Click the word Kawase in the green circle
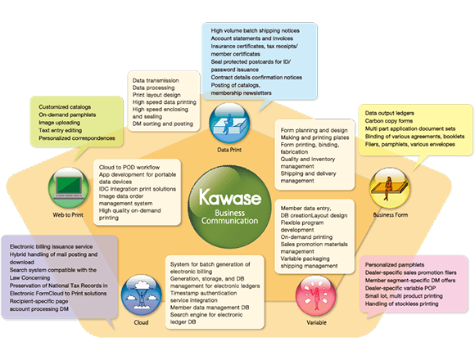230,197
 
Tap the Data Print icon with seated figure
229,123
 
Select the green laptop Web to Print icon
69,188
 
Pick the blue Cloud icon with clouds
141,295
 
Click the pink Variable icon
315,295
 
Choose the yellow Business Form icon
390,188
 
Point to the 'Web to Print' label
68,215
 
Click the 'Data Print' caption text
229,150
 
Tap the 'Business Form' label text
391,215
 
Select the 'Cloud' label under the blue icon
141,322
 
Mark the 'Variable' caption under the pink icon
316,322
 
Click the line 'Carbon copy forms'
389,121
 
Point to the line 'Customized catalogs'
65,107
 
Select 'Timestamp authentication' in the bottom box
203,293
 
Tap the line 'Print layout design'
156,95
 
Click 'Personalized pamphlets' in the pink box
395,265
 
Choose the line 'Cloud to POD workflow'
129,167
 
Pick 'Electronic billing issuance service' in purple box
52,247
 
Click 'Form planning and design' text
314,130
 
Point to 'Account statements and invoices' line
251,38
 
